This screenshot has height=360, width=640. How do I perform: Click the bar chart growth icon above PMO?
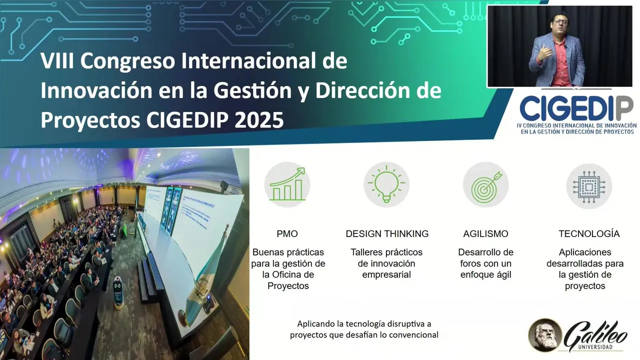[287, 184]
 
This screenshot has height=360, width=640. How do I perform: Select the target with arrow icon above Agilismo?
[485, 184]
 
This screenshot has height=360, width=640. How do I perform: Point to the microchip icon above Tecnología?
[589, 186]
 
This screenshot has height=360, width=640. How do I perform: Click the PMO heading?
[287, 233]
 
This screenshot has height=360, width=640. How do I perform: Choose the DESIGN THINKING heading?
[387, 233]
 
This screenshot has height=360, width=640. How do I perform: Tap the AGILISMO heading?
[485, 233]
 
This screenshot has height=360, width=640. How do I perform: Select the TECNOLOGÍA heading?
[589, 233]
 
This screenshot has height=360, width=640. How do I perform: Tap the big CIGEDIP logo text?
[576, 108]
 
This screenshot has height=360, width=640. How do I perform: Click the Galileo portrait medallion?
[545, 335]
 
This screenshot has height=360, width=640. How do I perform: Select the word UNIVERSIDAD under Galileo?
[595, 347]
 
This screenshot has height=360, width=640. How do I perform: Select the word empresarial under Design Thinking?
[386, 274]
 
